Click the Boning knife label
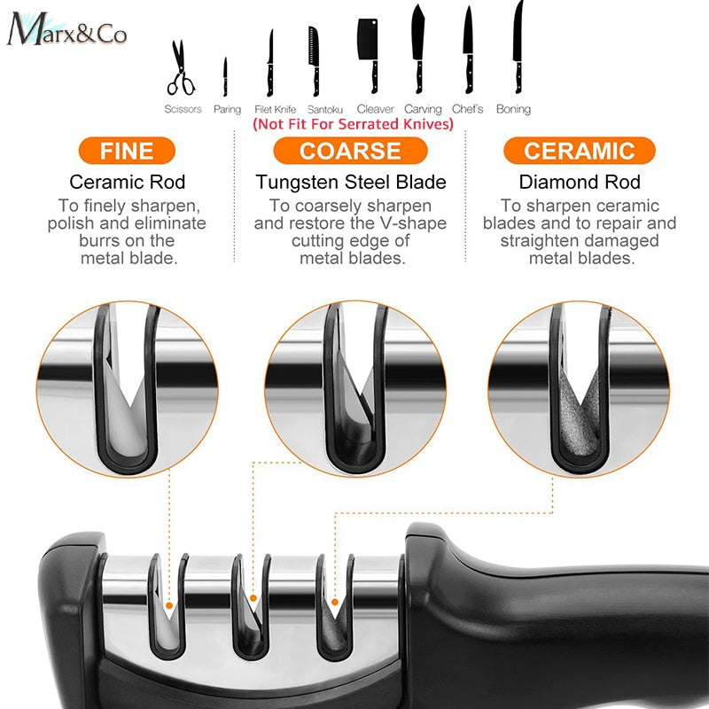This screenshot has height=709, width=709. coord(513,109)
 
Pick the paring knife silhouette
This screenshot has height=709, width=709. coord(225,78)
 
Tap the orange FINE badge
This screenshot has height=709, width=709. coord(126,151)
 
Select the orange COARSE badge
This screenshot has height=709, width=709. coord(351,151)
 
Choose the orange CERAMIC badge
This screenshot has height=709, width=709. coord(580,151)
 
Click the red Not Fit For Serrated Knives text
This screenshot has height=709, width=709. coord(353,125)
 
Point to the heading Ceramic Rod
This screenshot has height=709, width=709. coord(128,183)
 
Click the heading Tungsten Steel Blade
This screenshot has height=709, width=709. coord(351,183)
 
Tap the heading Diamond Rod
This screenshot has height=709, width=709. coord(580,183)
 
